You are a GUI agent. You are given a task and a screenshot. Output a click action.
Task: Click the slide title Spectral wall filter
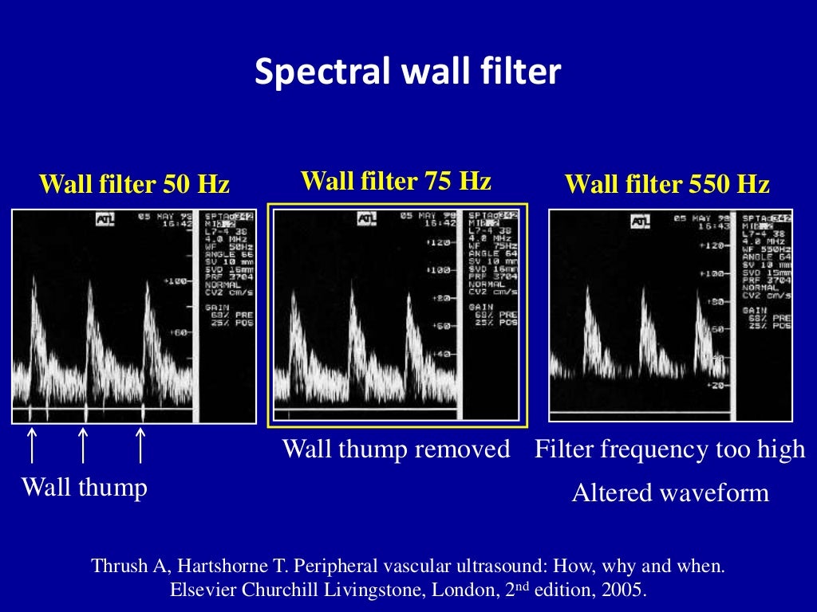point(408,73)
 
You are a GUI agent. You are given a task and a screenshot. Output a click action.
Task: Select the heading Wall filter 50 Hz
point(134,185)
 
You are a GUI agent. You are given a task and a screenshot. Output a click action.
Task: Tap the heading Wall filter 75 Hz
point(396,181)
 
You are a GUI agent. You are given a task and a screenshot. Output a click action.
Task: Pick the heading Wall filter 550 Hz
point(667,185)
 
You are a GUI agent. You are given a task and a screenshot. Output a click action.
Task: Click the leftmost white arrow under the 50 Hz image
point(32,444)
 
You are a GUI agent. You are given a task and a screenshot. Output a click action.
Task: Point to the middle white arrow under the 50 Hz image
point(83,444)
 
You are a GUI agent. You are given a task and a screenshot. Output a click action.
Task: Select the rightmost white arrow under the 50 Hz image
point(140,444)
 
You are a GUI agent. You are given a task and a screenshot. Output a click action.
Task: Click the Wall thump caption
point(84,487)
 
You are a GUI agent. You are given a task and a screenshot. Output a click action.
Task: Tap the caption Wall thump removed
point(397,449)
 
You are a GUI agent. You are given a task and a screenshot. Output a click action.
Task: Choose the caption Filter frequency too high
point(670,449)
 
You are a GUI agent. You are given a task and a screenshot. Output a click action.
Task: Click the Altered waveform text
point(670,493)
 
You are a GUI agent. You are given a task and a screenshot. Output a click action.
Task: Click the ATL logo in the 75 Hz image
point(367,218)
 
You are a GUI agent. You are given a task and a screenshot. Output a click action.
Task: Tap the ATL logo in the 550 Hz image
point(641,221)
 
